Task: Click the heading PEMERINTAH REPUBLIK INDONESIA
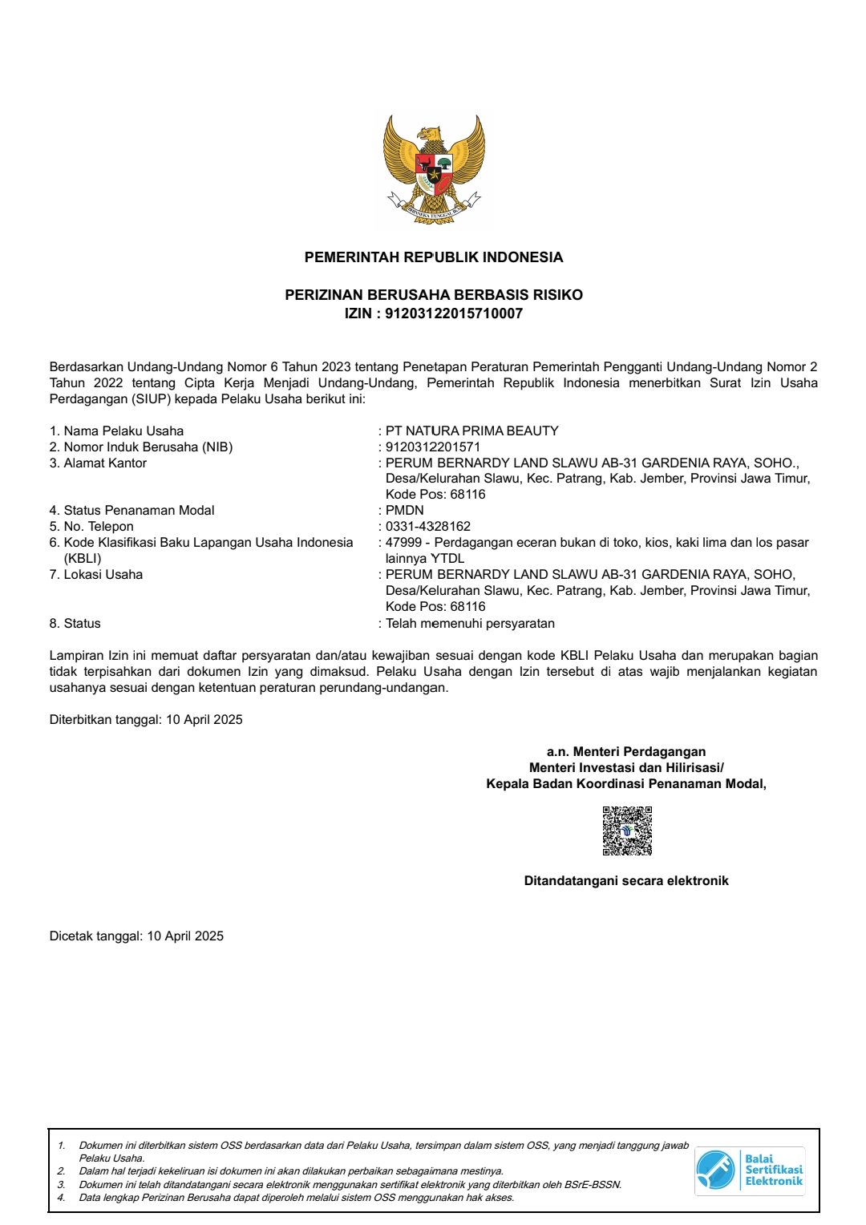click(x=434, y=257)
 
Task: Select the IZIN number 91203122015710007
click(x=454, y=313)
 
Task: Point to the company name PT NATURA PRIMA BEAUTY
click(x=471, y=431)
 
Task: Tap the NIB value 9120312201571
click(x=433, y=447)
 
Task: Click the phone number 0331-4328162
click(x=428, y=526)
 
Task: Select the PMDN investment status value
click(x=405, y=510)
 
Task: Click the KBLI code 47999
click(x=403, y=542)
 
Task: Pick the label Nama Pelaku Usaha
click(x=123, y=431)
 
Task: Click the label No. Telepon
click(x=99, y=526)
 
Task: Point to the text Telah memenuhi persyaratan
click(x=470, y=623)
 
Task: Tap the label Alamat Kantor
click(x=105, y=463)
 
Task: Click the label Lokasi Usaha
click(x=103, y=574)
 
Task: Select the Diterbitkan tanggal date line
click(x=146, y=719)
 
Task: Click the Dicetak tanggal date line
click(x=136, y=936)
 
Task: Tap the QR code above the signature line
click(x=627, y=831)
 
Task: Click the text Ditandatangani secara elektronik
click(x=626, y=880)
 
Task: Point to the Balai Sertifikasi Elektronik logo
click(x=749, y=1170)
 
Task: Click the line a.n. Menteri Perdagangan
click(x=626, y=751)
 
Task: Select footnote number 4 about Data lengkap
click(x=296, y=1198)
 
